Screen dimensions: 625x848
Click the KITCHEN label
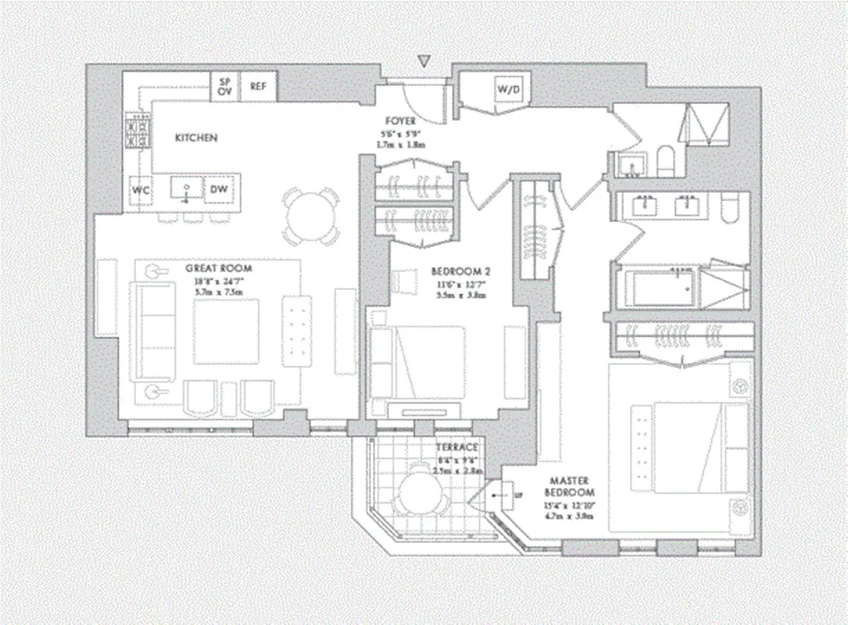tap(195, 137)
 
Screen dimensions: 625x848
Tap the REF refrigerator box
tap(258, 87)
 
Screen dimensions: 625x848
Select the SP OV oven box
tap(225, 86)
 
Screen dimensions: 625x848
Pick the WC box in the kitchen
tap(141, 189)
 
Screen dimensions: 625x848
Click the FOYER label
tap(399, 122)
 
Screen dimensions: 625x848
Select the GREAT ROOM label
tap(218, 268)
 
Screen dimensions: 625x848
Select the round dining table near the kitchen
tap(311, 216)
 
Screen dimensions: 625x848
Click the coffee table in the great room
tap(226, 331)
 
